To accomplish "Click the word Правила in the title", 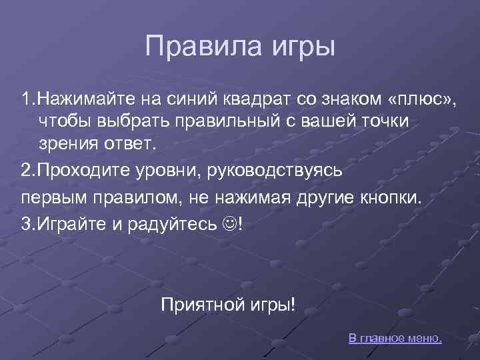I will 191,47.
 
